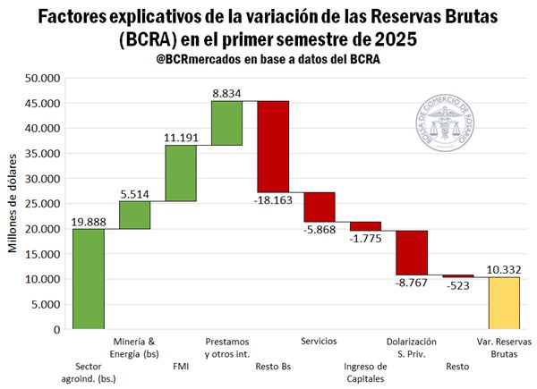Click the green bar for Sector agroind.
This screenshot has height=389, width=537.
point(88,278)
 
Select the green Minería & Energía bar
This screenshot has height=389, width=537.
point(134,215)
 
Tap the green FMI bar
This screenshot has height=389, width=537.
point(181,173)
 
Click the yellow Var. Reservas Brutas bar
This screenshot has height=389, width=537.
point(504,303)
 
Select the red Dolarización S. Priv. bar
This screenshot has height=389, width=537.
point(412,252)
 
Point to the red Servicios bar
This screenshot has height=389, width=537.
point(320,207)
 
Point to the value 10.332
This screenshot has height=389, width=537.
point(504,268)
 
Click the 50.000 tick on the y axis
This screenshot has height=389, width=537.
point(42,79)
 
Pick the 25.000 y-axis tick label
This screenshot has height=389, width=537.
point(42,204)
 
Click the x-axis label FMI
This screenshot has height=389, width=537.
point(181,365)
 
